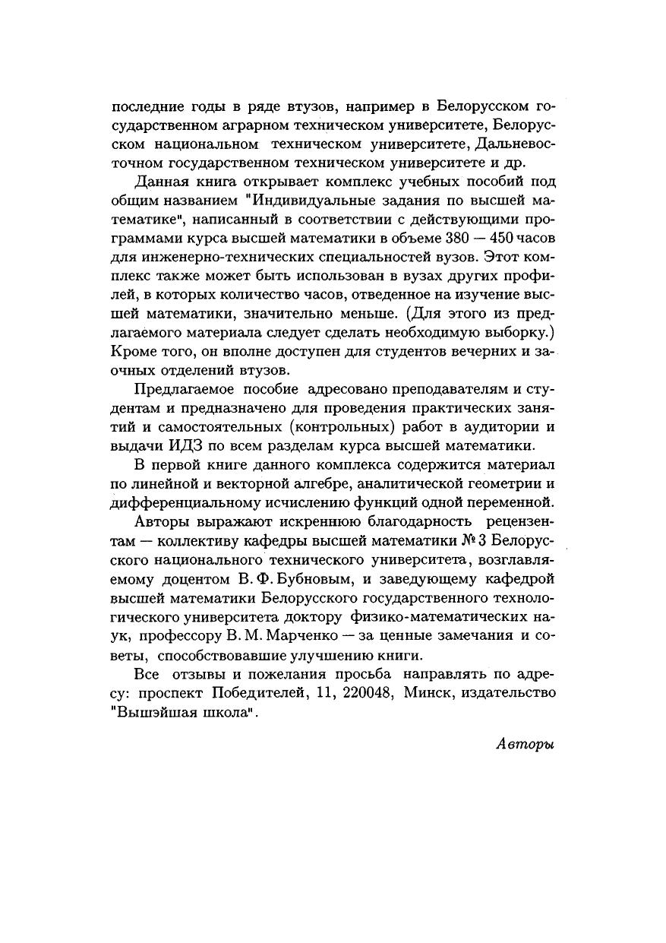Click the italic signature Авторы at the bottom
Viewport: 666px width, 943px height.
point(525,744)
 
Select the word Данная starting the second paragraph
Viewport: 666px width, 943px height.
point(158,182)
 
